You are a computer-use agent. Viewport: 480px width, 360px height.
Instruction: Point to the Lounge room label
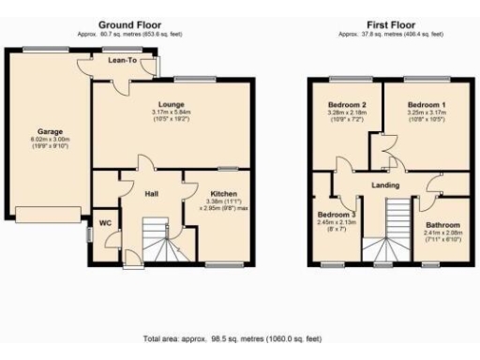point(172,104)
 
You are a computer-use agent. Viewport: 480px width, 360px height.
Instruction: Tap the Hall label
point(151,194)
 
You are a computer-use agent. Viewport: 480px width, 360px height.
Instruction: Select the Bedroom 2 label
point(346,104)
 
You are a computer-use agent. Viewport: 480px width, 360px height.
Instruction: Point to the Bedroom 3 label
point(335,215)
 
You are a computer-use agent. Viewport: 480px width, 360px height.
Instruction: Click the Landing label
point(386,185)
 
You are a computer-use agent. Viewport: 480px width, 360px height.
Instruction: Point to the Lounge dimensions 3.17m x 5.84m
point(172,115)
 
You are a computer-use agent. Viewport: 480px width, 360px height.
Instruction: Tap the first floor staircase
point(386,234)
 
